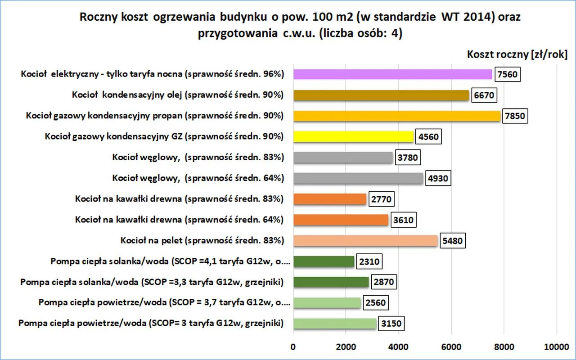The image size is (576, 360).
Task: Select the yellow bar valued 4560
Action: tap(353, 136)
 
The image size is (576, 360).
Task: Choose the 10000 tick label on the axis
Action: tap(557, 346)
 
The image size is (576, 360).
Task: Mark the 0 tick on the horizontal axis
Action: tap(293, 346)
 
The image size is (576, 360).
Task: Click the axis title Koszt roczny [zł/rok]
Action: tap(517, 54)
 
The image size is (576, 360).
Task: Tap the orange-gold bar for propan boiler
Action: tap(396, 116)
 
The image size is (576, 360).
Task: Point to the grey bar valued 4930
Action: tap(358, 178)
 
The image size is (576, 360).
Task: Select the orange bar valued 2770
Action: tap(330, 199)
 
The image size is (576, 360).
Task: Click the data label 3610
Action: tap(402, 220)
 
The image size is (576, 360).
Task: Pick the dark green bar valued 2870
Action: tap(331, 282)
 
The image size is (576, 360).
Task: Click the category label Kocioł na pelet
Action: tap(202, 241)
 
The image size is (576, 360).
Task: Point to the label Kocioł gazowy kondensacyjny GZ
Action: tap(164, 136)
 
